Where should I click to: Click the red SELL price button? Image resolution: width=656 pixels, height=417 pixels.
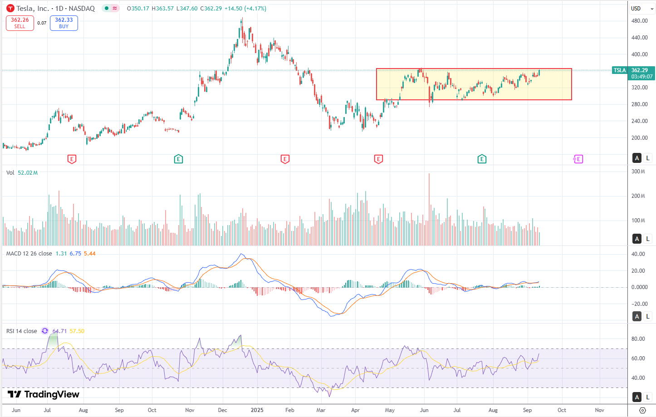(20, 23)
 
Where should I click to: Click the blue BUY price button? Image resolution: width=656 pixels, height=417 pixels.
(64, 23)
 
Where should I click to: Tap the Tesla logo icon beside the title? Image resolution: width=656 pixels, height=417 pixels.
(10, 9)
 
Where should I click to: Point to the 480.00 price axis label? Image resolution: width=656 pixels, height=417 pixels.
(639, 21)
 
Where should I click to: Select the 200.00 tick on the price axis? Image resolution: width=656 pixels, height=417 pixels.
(639, 138)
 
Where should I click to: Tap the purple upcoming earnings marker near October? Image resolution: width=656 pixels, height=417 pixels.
(578, 159)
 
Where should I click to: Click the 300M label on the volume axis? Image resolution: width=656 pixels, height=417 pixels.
(638, 172)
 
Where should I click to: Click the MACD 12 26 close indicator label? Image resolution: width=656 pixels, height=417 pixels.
(29, 254)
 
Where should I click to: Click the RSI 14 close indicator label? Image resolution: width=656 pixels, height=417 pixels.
(22, 331)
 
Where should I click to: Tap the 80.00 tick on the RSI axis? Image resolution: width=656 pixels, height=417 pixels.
(638, 339)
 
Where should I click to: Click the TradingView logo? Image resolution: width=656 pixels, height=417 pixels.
(44, 394)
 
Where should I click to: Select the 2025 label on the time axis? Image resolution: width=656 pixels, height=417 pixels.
(257, 410)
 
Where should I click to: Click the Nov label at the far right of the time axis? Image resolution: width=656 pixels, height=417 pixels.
(599, 410)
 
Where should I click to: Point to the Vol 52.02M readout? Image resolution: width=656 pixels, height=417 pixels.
(22, 173)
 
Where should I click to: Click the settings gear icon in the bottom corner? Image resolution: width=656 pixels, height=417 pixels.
(642, 410)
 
